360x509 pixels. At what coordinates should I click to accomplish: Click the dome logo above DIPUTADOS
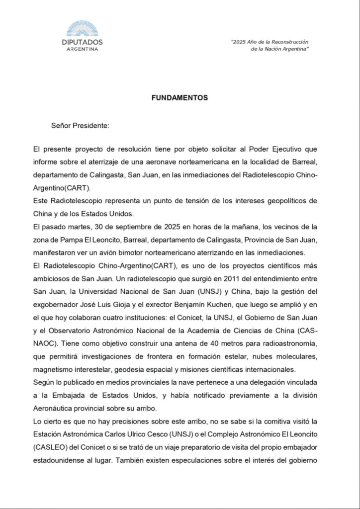pyautogui.click(x=82, y=29)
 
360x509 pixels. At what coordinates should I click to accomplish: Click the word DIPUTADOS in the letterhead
pyautogui.click(x=82, y=43)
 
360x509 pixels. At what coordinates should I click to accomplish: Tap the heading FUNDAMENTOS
pyautogui.click(x=180, y=98)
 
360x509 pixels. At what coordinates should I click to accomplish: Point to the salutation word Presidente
pyautogui.click(x=90, y=126)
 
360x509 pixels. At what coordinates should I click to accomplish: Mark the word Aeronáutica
pyautogui.click(x=55, y=408)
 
